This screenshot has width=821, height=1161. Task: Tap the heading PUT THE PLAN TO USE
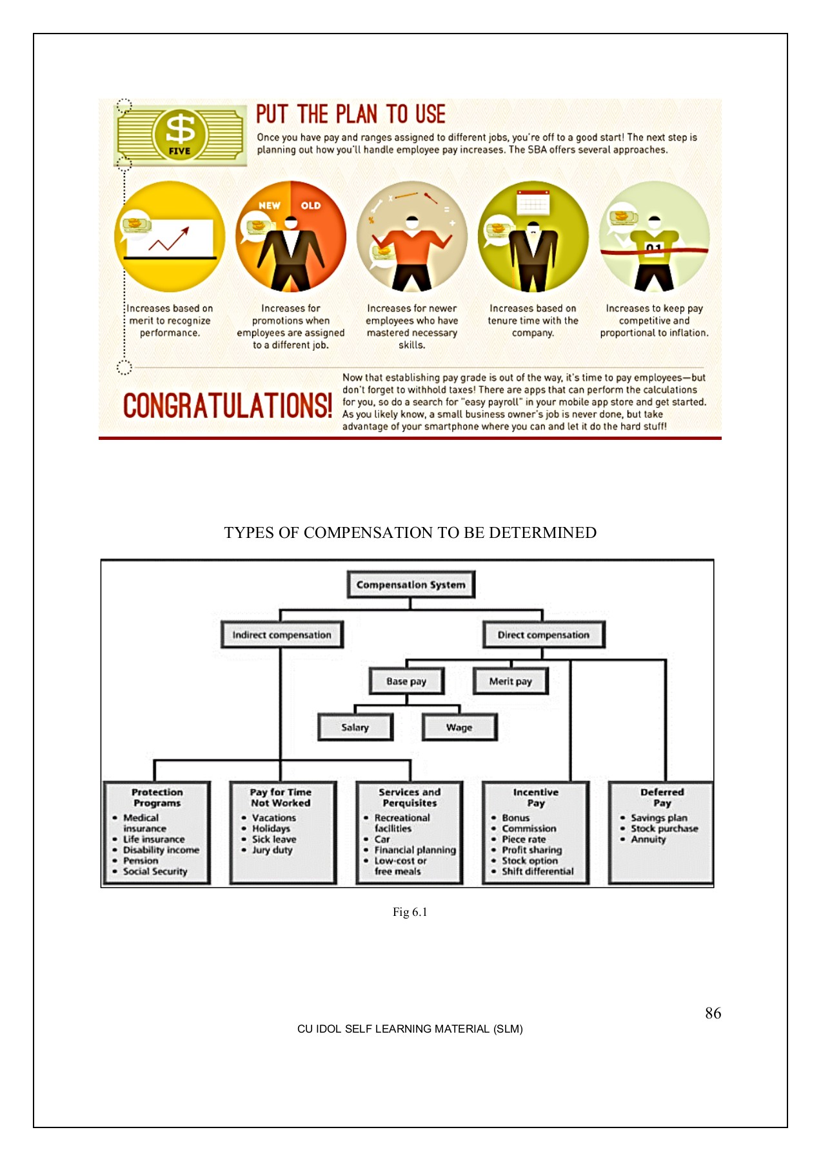[350, 114]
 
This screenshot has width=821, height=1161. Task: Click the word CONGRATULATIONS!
[227, 405]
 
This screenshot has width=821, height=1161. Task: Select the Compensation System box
[411, 584]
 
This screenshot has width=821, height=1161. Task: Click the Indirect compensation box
[282, 635]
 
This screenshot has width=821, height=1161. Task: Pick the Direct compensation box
[543, 635]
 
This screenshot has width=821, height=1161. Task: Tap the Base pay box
[406, 681]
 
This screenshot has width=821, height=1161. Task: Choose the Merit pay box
[510, 681]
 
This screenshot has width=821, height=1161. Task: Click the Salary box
[355, 727]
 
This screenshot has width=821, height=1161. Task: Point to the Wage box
[459, 727]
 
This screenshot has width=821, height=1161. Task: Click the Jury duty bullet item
[272, 850]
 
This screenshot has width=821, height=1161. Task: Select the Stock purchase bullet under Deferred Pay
[664, 828]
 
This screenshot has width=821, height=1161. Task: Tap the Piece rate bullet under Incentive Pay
[524, 839]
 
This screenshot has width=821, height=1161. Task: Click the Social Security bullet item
[155, 871]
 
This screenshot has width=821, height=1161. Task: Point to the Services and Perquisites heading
[410, 797]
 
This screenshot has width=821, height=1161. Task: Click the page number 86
[713, 1013]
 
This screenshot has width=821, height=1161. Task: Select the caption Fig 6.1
[410, 911]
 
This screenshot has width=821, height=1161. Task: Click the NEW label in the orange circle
[270, 205]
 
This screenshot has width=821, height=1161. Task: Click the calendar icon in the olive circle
[533, 203]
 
